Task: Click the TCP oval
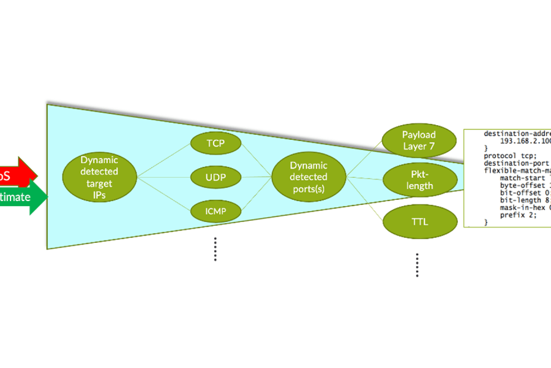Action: tap(216, 143)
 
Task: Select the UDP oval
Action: tap(216, 178)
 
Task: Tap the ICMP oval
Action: tap(216, 212)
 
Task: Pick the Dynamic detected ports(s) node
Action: tap(309, 177)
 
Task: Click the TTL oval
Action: tap(420, 222)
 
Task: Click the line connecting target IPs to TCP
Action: tap(163, 161)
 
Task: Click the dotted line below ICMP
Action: tap(216, 249)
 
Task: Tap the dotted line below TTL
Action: tap(417, 265)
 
